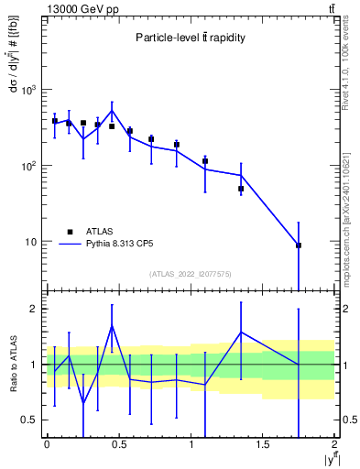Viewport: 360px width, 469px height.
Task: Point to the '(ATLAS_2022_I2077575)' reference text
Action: click(x=190, y=273)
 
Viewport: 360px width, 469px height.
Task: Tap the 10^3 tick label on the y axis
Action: click(x=29, y=90)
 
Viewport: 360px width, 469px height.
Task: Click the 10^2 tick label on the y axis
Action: click(x=29, y=166)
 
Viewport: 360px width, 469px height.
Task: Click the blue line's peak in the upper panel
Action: click(x=112, y=111)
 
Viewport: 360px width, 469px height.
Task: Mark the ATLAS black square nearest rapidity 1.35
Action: click(x=241, y=189)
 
